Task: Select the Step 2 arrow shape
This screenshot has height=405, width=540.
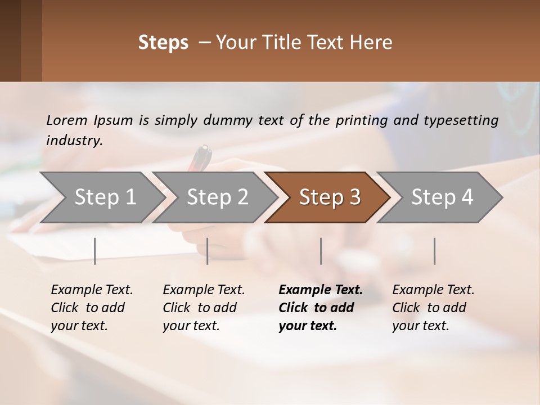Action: [x=217, y=197]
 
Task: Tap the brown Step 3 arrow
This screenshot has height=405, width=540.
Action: [x=330, y=197]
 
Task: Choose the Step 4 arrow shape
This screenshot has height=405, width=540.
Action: [x=442, y=197]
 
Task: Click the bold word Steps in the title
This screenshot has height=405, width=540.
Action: [x=163, y=43]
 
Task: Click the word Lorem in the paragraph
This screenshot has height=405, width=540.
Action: [x=66, y=120]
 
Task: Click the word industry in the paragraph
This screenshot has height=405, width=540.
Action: [x=74, y=140]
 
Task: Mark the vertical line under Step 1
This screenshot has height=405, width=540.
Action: [x=95, y=251]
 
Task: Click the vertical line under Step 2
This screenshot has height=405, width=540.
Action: [x=208, y=251]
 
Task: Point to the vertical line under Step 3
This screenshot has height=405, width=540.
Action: [x=321, y=251]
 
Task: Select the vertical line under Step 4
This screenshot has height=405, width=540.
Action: [x=434, y=251]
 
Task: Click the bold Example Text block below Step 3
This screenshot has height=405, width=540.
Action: [x=320, y=308]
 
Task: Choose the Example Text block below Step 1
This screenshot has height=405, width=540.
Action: [x=92, y=308]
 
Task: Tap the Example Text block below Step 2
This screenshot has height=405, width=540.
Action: [x=204, y=308]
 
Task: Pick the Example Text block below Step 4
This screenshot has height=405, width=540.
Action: [x=433, y=308]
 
